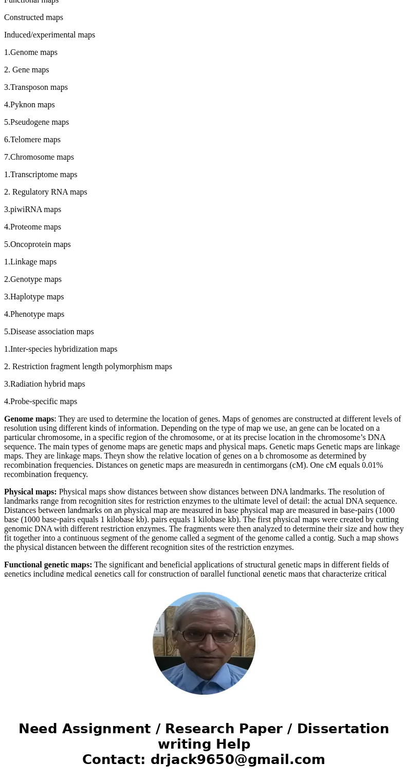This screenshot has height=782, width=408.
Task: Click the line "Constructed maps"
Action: [33, 17]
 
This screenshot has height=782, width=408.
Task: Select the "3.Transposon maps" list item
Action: [36, 87]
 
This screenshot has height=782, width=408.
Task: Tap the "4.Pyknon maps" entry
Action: [29, 105]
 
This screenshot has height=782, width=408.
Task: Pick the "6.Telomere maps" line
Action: [32, 140]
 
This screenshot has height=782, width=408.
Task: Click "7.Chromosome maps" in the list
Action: [39, 157]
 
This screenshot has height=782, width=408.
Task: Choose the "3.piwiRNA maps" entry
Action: [32, 209]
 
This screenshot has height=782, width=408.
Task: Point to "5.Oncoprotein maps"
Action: [38, 244]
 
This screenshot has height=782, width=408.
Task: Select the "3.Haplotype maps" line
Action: [34, 297]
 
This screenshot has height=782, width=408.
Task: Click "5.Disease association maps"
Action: [49, 332]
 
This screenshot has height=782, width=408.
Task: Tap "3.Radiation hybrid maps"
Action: [45, 384]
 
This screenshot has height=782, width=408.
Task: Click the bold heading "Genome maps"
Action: [29, 419]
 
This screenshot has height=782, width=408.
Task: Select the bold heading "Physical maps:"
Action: [30, 492]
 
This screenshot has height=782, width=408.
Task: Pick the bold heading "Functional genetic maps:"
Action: [48, 565]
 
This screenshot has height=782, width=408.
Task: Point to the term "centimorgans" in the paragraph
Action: [267, 465]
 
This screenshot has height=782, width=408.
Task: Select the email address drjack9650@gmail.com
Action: [237, 760]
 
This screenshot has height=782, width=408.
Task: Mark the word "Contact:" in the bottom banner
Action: [114, 760]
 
